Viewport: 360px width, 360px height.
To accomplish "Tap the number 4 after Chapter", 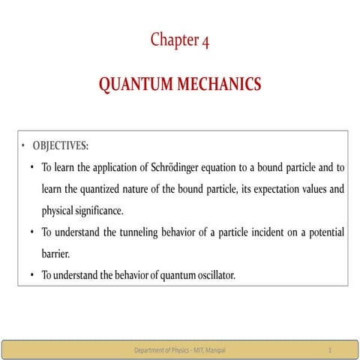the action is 205,40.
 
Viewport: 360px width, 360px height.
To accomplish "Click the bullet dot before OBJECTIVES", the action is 22,145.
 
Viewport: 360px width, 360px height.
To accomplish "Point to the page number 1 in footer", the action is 330,350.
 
